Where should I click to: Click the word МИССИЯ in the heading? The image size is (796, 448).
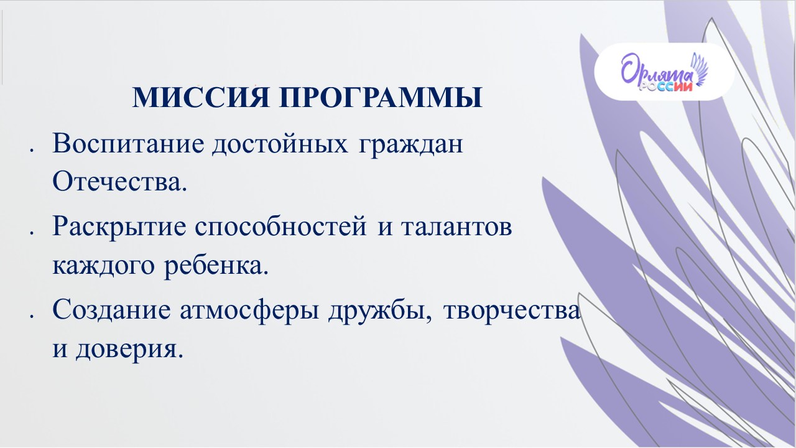click(x=200, y=96)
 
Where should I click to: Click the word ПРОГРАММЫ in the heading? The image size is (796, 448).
click(x=381, y=96)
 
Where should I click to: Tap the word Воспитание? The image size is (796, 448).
click(x=128, y=144)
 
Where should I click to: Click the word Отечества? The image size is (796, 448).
click(x=119, y=181)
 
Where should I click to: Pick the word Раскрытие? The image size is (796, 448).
click(x=119, y=228)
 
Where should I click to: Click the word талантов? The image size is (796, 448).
click(x=456, y=228)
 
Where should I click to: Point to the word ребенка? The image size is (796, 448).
click(x=216, y=265)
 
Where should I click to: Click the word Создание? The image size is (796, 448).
click(x=111, y=310)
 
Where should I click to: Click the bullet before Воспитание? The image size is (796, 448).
click(x=32, y=151)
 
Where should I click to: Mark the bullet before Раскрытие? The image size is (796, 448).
click(x=32, y=233)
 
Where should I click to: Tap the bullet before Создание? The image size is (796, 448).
click(x=32, y=315)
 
